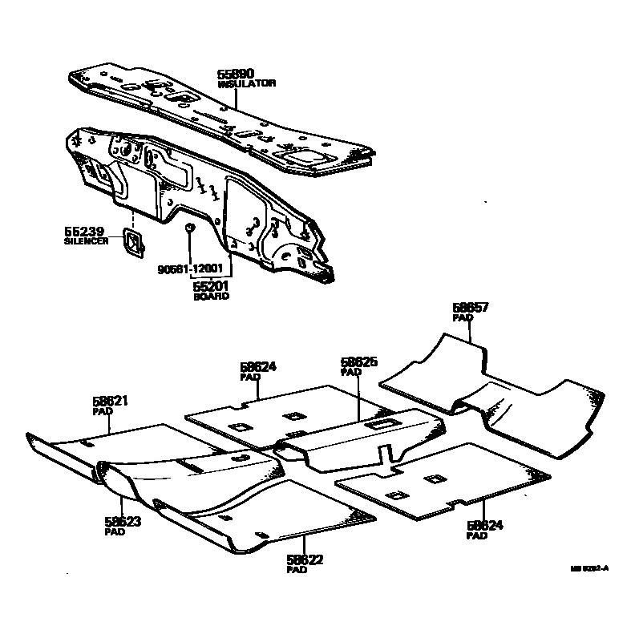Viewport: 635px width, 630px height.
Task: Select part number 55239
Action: tap(83, 231)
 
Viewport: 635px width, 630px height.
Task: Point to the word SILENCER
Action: tap(86, 240)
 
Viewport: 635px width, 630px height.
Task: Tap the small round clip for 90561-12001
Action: tap(189, 228)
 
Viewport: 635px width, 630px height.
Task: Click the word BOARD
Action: tap(211, 296)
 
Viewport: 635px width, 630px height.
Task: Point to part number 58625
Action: tap(358, 362)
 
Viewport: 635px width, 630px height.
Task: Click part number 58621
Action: tap(111, 401)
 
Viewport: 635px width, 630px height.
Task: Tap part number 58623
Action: tap(123, 522)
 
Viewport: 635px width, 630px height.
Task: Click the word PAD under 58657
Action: tap(463, 317)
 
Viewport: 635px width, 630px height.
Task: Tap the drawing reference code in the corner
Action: tap(589, 568)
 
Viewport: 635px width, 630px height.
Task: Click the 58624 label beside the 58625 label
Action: tap(258, 366)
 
